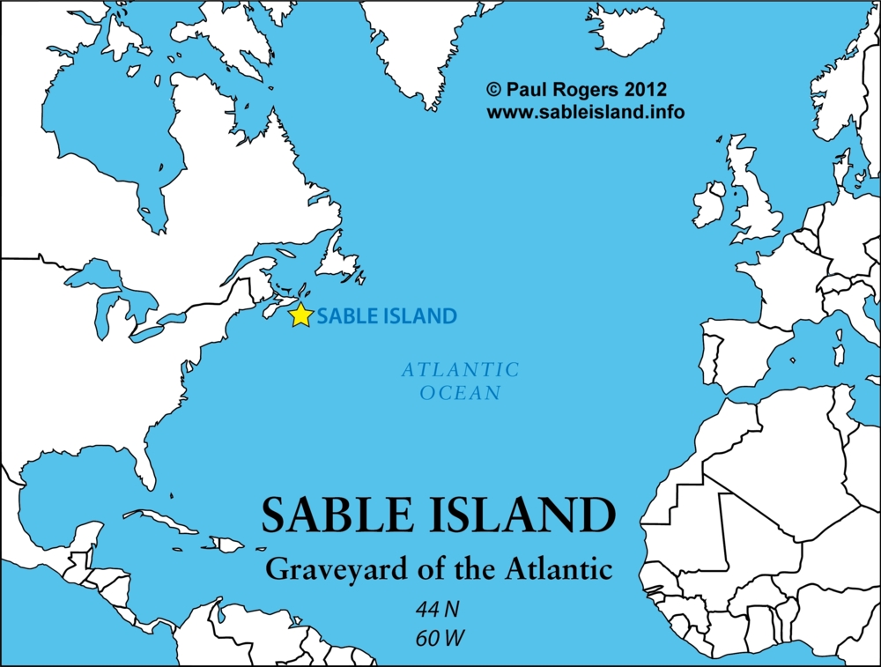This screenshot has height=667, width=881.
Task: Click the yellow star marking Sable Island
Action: tap(301, 315)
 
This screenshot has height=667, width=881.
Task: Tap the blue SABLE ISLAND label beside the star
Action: tap(387, 315)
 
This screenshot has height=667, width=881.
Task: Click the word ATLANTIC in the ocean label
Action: tap(461, 370)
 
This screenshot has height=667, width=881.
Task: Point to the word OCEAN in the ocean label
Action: tap(461, 393)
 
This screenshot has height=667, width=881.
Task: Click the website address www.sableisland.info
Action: tap(585, 112)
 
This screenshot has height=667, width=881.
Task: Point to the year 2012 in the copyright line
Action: tap(647, 89)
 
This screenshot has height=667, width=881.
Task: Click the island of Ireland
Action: tap(708, 204)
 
